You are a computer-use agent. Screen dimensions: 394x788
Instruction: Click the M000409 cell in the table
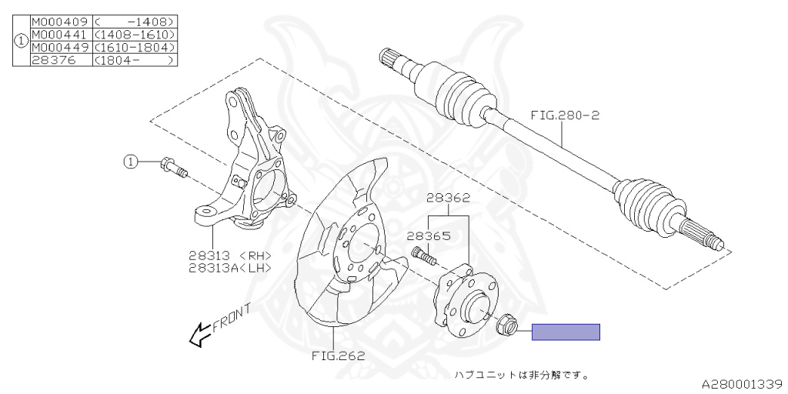click(x=60, y=22)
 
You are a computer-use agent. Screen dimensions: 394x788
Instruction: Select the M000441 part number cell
click(x=60, y=35)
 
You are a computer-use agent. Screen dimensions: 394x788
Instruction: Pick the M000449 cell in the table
click(x=60, y=47)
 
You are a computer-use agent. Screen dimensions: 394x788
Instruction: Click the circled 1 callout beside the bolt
click(x=132, y=162)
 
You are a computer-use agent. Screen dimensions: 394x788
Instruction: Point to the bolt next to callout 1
click(x=173, y=167)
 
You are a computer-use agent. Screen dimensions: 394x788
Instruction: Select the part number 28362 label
click(x=449, y=198)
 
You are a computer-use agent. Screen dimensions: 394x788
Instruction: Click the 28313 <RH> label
click(x=230, y=255)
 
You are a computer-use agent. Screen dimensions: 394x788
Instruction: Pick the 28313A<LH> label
click(x=230, y=268)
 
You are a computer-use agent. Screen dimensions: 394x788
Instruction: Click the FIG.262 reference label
click(x=338, y=356)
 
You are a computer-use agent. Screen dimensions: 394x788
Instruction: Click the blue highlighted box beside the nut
click(x=566, y=332)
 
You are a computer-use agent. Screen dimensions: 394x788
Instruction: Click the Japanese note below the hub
click(x=521, y=376)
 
